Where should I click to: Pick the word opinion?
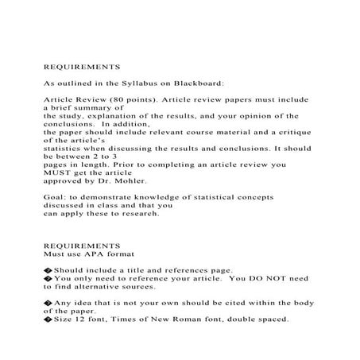pos(246,114)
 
